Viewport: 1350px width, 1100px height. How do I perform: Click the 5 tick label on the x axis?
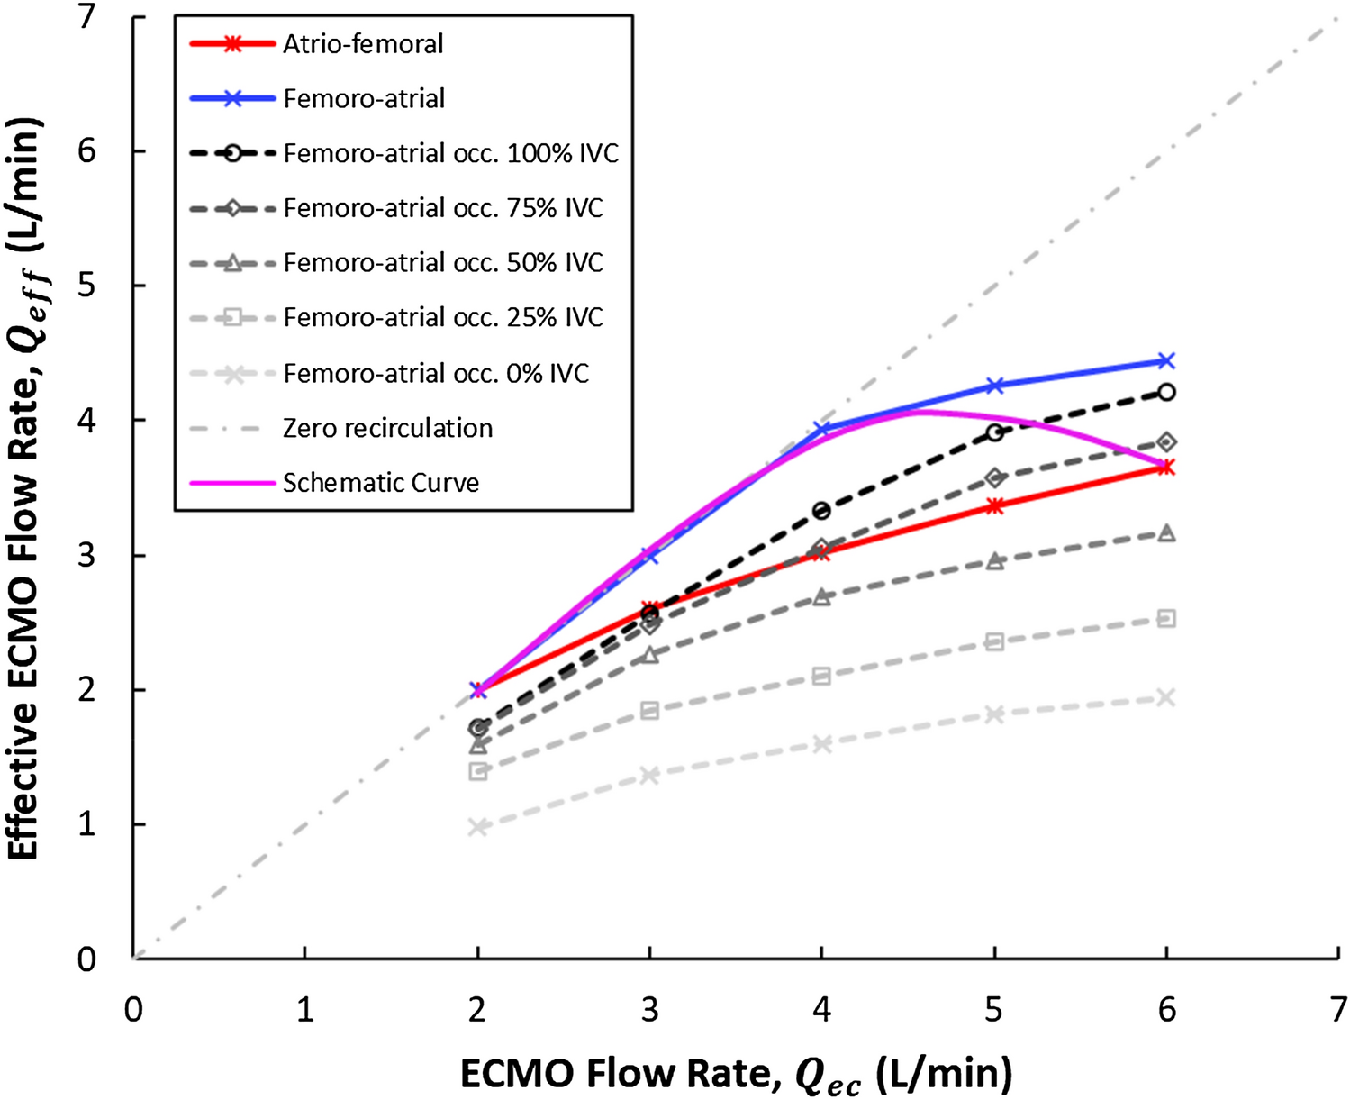coord(993,1010)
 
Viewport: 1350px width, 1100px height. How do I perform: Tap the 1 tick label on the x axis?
coord(305,1010)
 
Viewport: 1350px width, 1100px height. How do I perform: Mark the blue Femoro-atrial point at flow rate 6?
coord(1166,360)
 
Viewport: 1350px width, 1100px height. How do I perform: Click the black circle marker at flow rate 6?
coord(1166,392)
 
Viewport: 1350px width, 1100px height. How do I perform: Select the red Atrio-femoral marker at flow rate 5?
coord(994,506)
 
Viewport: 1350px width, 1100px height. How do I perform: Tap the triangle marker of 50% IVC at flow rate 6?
coord(1166,533)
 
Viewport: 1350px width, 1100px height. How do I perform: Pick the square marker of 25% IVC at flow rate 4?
coord(821,676)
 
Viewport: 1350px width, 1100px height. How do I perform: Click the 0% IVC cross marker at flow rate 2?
coord(478,827)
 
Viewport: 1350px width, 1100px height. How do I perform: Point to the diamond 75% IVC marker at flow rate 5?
coord(994,477)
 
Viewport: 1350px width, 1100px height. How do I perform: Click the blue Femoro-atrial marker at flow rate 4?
coord(821,430)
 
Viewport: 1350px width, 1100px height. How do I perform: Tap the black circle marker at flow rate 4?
coord(821,511)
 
